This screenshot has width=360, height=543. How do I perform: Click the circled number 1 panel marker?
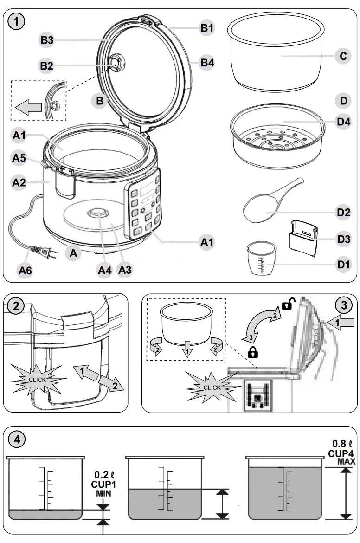(17, 21)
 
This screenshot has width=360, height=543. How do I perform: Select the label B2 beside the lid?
(46, 66)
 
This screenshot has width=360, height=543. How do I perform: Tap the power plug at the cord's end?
(43, 253)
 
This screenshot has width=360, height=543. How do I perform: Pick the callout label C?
(343, 56)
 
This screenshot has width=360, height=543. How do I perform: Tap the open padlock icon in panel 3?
(288, 305)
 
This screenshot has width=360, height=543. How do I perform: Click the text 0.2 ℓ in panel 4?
(104, 475)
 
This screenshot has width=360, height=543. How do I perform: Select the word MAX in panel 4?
(346, 462)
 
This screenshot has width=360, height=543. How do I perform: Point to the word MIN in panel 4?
(104, 493)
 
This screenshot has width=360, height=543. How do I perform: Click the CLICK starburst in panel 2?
(37, 379)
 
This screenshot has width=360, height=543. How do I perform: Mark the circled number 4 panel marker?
(17, 439)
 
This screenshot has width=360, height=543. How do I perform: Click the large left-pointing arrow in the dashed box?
(28, 108)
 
